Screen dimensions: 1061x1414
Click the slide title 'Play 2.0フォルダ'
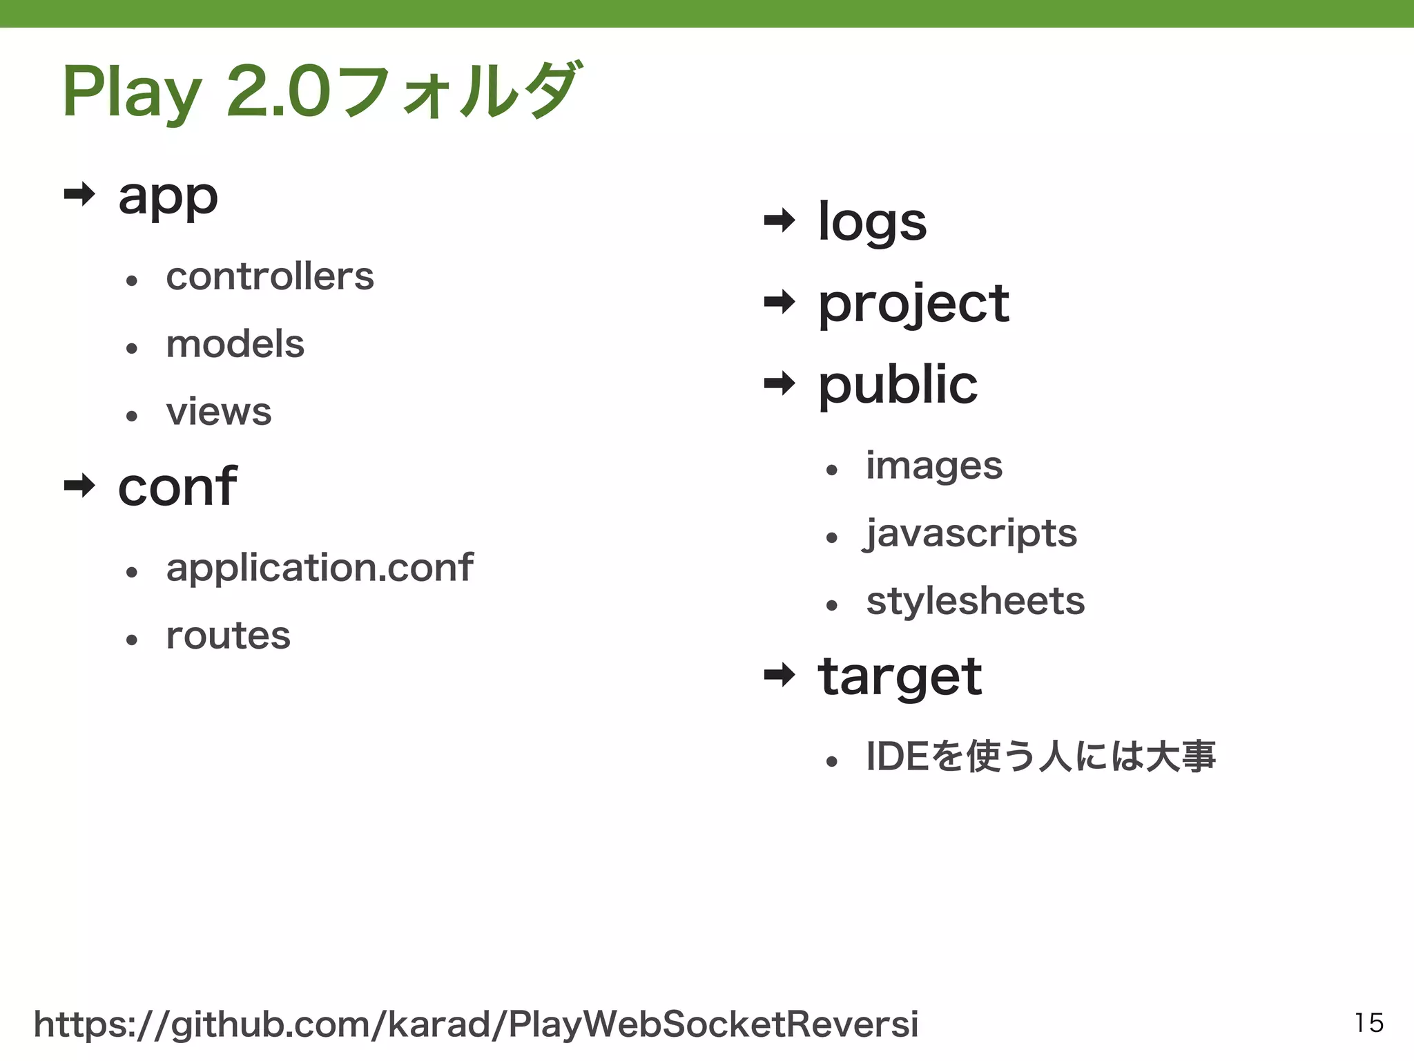(322, 91)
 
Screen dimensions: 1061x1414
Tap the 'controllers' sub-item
(269, 276)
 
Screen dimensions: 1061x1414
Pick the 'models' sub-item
(235, 343)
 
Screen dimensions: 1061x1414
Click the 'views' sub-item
(218, 412)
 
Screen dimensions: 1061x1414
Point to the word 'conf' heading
(177, 486)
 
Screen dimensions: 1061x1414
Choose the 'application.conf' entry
(319, 568)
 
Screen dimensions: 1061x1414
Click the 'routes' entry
(228, 635)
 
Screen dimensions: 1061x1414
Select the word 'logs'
(872, 222)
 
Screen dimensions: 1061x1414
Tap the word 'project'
(913, 304)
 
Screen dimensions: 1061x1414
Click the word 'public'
(898, 385)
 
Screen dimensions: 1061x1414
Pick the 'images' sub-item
(933, 466)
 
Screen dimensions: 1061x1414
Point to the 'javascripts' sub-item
(970, 533)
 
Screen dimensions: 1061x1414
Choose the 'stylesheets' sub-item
(975, 601)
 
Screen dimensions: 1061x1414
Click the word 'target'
(900, 676)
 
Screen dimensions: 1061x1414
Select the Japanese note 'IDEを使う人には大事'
(1040, 756)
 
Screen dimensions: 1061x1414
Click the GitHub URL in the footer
(476, 1024)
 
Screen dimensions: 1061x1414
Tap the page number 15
(1368, 1022)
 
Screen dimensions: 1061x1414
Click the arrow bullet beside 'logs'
(779, 221)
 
